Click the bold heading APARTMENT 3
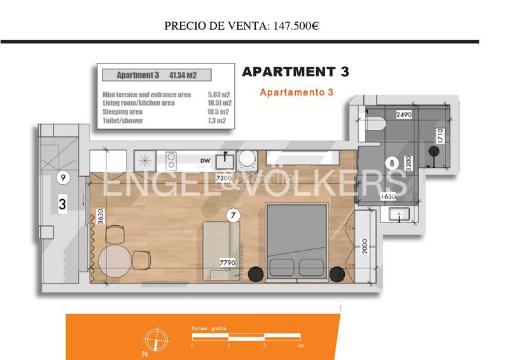point(296,72)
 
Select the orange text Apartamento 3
point(296,92)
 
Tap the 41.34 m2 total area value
point(183,75)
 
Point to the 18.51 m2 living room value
point(219,102)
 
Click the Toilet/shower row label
point(123,120)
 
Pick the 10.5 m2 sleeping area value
point(219,111)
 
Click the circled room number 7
point(234,216)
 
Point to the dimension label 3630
point(100,217)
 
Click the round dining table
point(121,258)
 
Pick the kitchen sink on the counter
point(226,158)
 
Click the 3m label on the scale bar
point(300,345)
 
